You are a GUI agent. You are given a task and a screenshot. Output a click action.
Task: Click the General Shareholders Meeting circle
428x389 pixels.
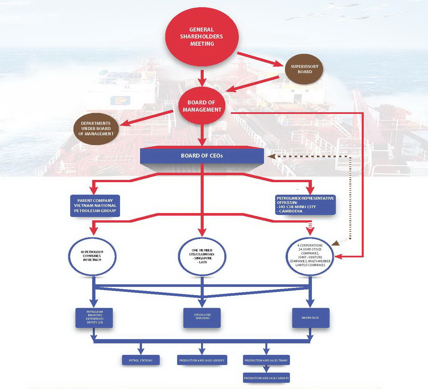click(x=202, y=36)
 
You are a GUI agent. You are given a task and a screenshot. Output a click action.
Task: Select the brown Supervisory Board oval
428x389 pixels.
click(x=304, y=69)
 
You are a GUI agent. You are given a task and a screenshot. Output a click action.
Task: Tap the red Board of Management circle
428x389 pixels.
click(x=202, y=106)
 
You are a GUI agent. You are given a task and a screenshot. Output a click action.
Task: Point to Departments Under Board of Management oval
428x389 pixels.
click(x=96, y=128)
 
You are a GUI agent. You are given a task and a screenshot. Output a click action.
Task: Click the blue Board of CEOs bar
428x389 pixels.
click(x=202, y=156)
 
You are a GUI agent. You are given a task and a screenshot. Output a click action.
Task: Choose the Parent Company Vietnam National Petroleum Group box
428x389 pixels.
click(x=95, y=206)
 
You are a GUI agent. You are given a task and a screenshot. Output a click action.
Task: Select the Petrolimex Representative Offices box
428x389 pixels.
click(x=305, y=205)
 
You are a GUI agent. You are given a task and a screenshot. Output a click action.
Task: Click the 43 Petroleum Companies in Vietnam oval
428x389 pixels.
click(x=92, y=256)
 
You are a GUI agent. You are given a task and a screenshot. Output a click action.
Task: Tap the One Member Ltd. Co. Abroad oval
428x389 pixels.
click(x=202, y=256)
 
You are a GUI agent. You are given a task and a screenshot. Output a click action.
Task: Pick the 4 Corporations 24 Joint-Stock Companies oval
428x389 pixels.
click(x=310, y=255)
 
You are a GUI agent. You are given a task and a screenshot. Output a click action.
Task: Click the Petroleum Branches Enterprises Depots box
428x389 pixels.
click(x=94, y=317)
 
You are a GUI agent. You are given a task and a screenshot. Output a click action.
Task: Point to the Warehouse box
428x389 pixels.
click(x=310, y=318)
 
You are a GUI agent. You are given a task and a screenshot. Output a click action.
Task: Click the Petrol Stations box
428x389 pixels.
click(x=141, y=360)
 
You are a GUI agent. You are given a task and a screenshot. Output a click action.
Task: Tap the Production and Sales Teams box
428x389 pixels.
click(x=266, y=360)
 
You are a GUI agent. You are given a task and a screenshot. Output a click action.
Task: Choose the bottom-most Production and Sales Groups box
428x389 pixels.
click(x=266, y=378)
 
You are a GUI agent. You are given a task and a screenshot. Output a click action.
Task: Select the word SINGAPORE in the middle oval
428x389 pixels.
click(x=203, y=258)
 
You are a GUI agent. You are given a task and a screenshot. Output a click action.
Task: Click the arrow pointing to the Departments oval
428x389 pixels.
click(x=146, y=118)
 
